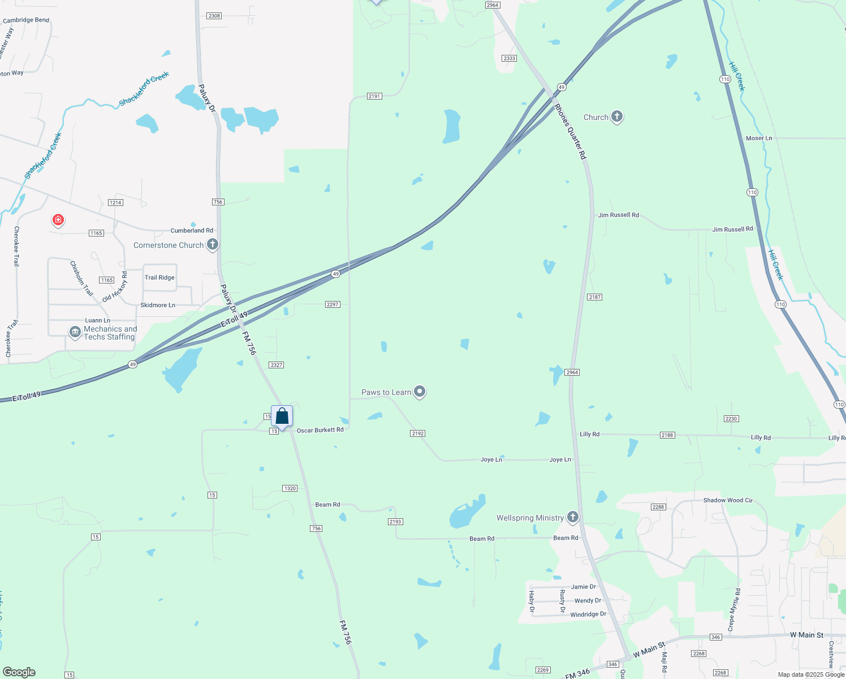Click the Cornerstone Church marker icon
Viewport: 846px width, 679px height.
point(213,244)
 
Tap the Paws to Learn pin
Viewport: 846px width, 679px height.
point(420,391)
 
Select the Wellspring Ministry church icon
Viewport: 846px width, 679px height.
point(573,517)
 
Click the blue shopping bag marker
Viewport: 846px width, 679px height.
point(282,416)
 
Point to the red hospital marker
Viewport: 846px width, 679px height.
point(58,220)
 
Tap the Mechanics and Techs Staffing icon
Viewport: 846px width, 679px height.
point(75,332)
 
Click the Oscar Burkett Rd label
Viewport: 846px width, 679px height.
point(320,430)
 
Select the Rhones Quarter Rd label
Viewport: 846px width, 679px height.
point(570,131)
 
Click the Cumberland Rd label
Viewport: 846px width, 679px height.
point(192,230)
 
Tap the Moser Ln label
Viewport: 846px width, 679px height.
point(758,138)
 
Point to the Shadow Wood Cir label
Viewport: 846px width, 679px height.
point(728,500)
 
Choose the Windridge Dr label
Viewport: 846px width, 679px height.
point(588,614)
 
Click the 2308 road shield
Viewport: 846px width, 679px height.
point(214,16)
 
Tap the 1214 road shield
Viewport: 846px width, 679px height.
point(115,203)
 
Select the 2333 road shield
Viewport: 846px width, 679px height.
point(509,58)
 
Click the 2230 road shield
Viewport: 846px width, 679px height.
point(731,419)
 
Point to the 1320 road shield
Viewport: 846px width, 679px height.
point(290,488)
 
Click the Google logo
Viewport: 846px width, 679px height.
point(19,672)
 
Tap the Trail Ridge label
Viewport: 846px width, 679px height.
point(159,277)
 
